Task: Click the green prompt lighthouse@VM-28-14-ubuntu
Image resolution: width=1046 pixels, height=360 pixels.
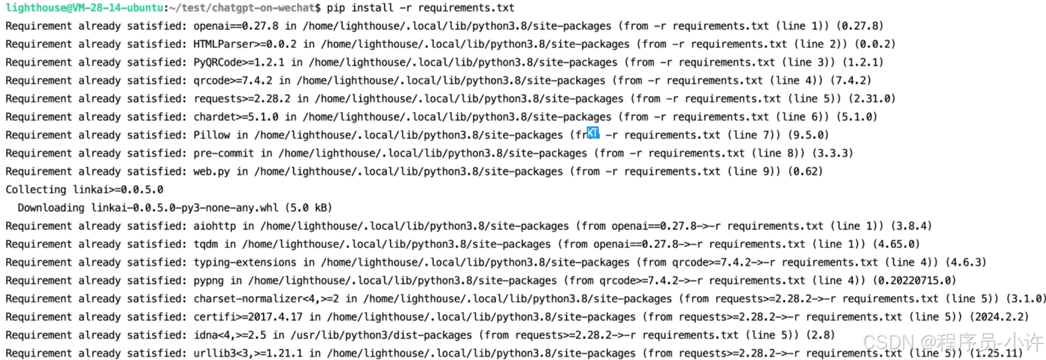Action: (x=84, y=8)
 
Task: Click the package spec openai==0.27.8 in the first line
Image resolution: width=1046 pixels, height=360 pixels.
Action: (x=236, y=26)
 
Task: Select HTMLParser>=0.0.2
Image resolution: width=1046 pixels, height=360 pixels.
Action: (x=245, y=44)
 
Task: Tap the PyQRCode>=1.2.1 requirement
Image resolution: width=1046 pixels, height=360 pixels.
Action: (x=239, y=62)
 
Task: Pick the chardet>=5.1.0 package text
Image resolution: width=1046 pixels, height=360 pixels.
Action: (x=236, y=117)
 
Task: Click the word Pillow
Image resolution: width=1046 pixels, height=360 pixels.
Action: (x=211, y=135)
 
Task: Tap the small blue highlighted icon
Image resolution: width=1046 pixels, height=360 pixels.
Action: (x=593, y=132)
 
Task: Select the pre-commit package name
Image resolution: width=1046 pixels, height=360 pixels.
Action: (x=223, y=153)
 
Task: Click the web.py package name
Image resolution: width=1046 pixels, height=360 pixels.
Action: (x=211, y=171)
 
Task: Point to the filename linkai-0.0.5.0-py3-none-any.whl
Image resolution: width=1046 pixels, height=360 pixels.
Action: (x=184, y=208)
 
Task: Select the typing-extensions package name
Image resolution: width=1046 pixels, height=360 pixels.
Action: (x=245, y=262)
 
